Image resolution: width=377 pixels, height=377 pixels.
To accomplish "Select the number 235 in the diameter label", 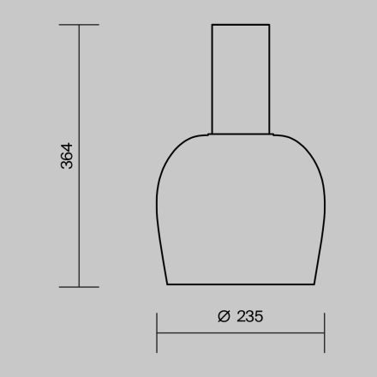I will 248,316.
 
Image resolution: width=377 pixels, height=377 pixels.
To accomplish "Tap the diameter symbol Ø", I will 224,316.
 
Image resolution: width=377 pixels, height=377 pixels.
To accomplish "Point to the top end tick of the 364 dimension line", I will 79,25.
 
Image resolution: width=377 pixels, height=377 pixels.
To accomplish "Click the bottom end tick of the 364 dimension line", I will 79,286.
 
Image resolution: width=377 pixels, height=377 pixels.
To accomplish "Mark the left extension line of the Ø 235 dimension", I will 157,332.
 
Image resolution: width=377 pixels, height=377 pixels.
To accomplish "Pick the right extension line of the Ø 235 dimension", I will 324,332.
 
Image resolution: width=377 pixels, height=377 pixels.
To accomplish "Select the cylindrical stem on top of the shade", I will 241,79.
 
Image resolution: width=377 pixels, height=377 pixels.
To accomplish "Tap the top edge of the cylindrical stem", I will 241,25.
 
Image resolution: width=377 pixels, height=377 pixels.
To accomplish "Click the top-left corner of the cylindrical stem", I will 212,25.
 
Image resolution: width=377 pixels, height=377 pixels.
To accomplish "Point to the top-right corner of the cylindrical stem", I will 270,25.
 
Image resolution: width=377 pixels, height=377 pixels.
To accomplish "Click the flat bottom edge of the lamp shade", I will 241,284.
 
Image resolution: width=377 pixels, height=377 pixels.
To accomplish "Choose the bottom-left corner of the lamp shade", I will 168,284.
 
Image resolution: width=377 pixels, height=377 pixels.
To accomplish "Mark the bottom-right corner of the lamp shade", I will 314,284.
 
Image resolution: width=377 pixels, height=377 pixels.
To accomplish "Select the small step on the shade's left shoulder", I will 208,134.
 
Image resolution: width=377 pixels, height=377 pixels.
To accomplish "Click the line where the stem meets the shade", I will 241,134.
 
